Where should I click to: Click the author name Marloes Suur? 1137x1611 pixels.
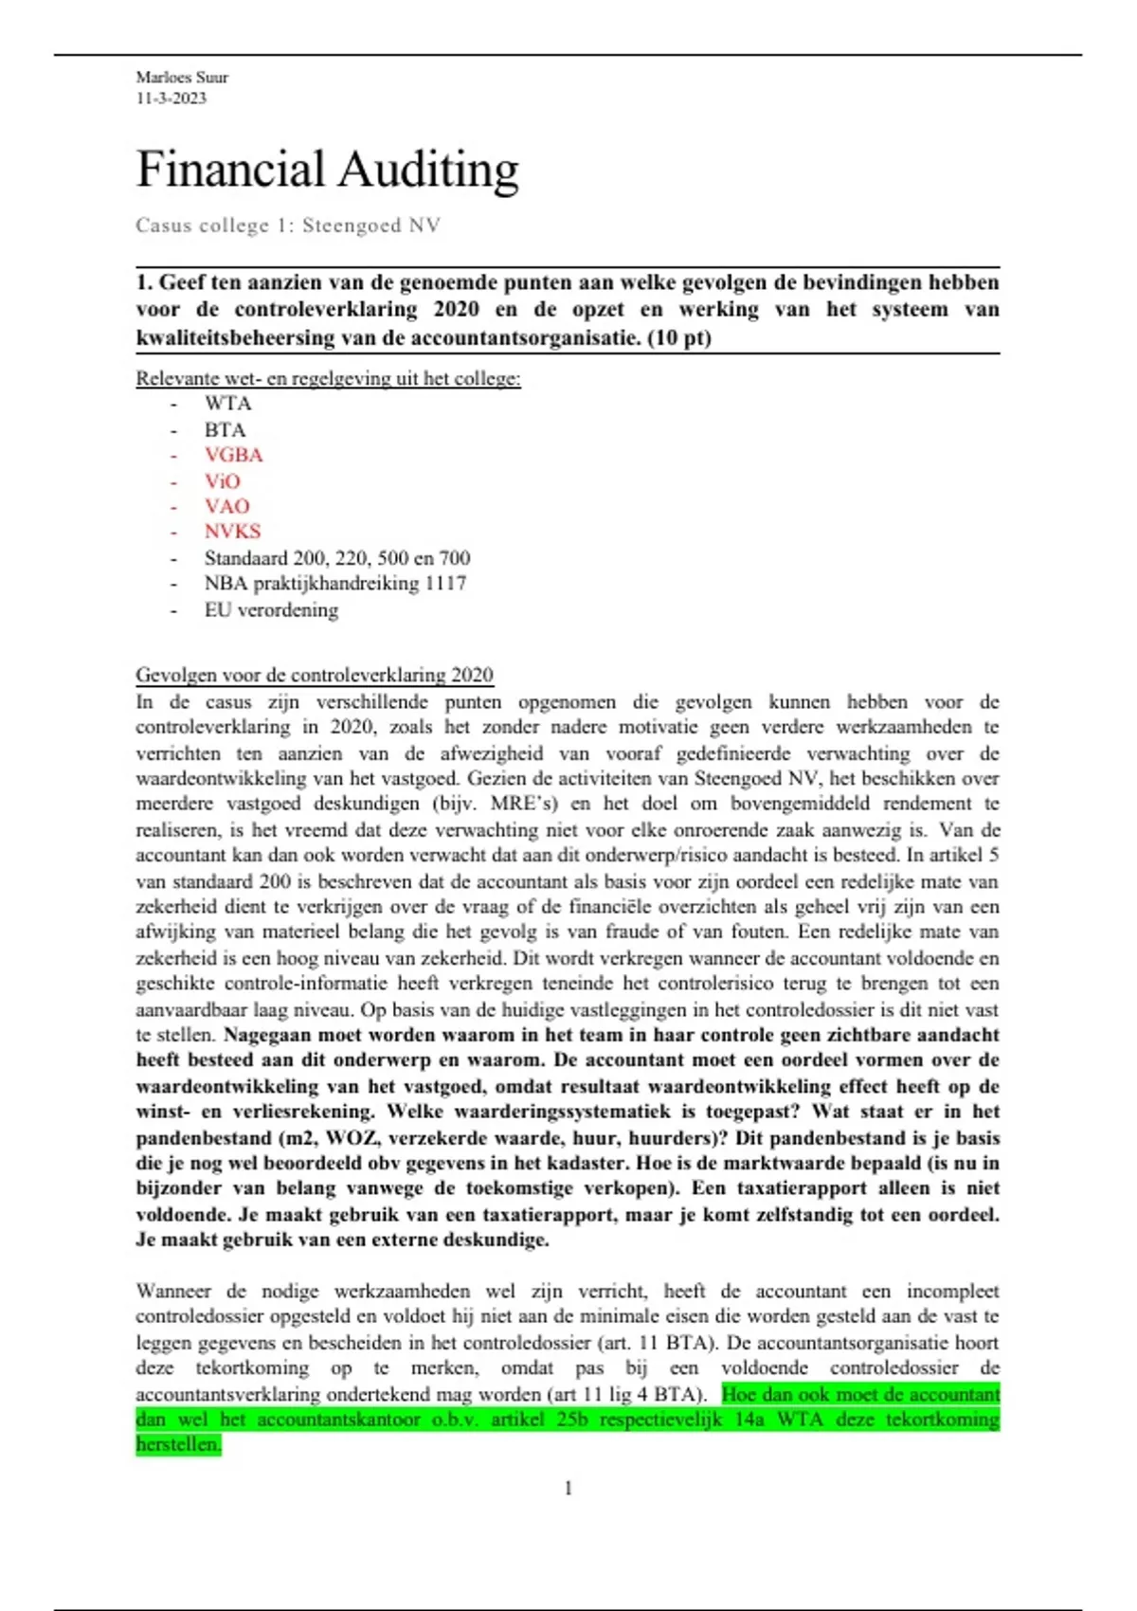pos(182,78)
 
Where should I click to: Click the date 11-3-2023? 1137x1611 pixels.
pos(171,99)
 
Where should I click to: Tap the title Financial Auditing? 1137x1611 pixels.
pos(327,171)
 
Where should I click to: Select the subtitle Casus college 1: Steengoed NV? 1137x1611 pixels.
pos(287,226)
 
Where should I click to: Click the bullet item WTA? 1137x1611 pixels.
pos(227,404)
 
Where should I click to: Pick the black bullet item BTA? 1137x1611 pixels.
pos(225,430)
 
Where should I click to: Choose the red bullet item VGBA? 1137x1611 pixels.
pos(233,455)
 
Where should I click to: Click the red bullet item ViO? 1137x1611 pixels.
pos(223,481)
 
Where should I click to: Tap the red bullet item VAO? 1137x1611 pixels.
pos(226,506)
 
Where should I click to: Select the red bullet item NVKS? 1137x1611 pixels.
pos(232,532)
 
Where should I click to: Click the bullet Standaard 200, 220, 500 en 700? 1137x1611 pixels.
pos(336,558)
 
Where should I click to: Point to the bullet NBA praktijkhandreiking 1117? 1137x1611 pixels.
pos(334,584)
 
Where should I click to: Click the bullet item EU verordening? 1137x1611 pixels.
pos(271,610)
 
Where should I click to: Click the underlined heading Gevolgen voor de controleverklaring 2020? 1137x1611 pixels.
pos(314,676)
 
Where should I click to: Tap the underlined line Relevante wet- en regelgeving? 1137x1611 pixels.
pos(328,379)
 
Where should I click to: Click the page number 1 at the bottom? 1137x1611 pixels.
pos(568,1489)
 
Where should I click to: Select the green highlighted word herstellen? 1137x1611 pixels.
pos(178,1445)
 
